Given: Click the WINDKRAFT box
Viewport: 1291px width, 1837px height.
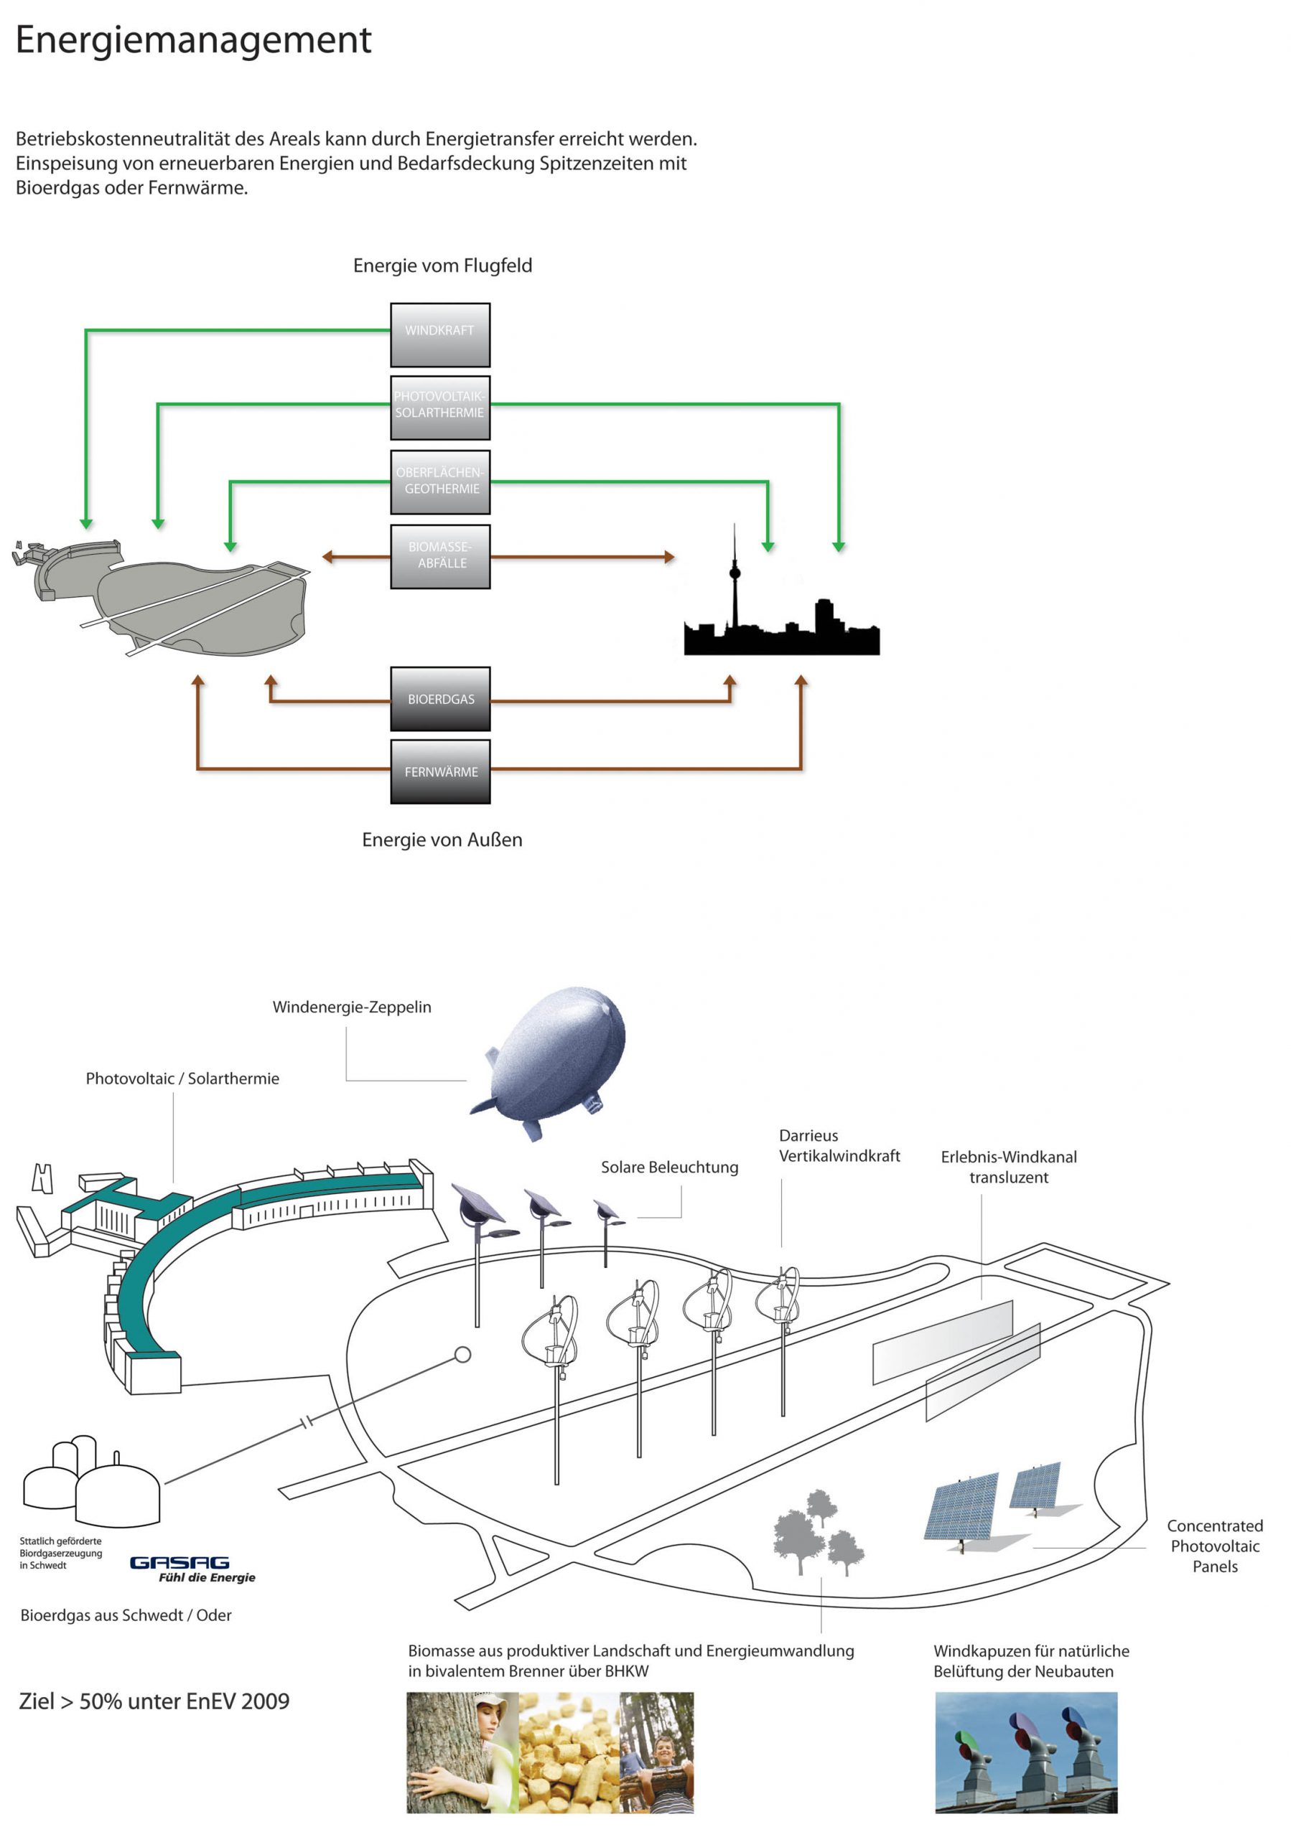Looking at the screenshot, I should pyautogui.click(x=439, y=334).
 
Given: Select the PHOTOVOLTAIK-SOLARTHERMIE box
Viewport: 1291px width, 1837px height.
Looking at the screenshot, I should pyautogui.click(x=439, y=408).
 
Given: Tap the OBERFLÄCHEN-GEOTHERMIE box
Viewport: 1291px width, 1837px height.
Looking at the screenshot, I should pyautogui.click(x=439, y=481).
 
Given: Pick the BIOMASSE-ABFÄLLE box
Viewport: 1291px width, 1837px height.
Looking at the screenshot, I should pyautogui.click(x=439, y=556).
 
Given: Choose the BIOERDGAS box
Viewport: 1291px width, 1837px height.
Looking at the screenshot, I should pyautogui.click(x=439, y=698).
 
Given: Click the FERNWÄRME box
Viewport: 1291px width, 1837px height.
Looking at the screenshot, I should pyautogui.click(x=439, y=771).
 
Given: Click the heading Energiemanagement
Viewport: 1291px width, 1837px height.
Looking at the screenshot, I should pyautogui.click(x=193, y=39).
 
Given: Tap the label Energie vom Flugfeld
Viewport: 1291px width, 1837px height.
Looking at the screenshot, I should pyautogui.click(x=442, y=266).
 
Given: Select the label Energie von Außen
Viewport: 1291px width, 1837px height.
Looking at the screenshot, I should pyautogui.click(x=442, y=840).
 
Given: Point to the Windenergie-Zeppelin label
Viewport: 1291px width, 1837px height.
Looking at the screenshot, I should pyautogui.click(x=351, y=1007).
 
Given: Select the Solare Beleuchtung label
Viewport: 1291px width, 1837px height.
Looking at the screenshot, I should pyautogui.click(x=669, y=1167).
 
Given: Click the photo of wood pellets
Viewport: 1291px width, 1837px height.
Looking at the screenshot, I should pyautogui.click(x=567, y=1752).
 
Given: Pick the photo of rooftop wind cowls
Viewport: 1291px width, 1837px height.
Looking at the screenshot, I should pyautogui.click(x=1025, y=1752).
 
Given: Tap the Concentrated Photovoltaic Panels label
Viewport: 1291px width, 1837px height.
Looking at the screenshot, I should pyautogui.click(x=1214, y=1546).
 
